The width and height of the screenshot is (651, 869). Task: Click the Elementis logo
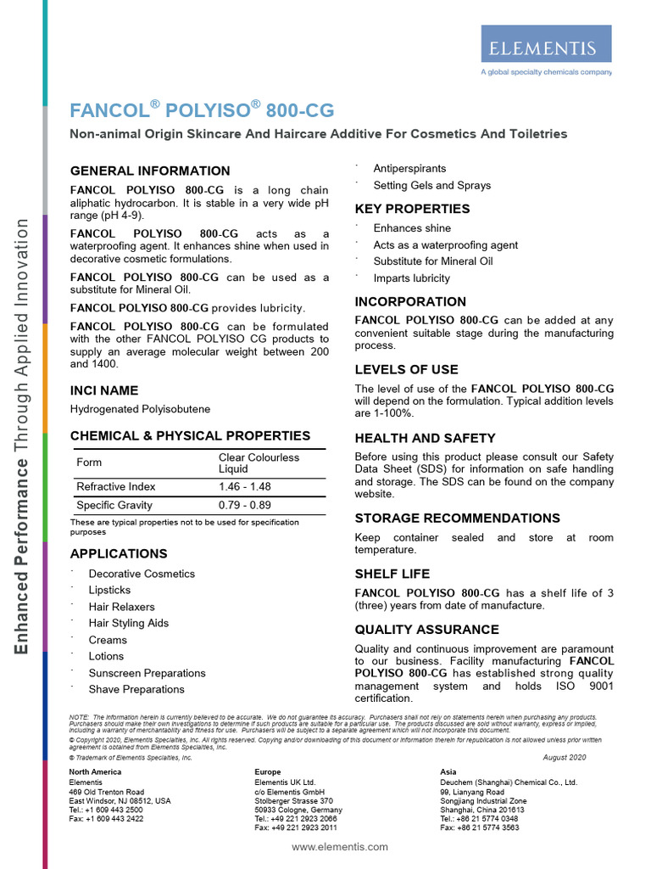(x=545, y=48)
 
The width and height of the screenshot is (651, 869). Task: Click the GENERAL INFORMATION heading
(x=150, y=171)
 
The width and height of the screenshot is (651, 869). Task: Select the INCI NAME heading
(x=104, y=390)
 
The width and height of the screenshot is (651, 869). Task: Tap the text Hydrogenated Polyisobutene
(x=140, y=409)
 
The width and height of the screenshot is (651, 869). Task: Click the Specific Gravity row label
(x=114, y=505)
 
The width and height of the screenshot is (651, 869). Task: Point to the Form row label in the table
(x=89, y=463)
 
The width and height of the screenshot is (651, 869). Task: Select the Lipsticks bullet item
(x=109, y=590)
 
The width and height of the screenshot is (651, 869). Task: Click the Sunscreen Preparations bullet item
(x=147, y=673)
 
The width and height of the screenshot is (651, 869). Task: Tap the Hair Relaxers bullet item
(x=121, y=607)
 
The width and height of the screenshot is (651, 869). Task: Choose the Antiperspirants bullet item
(x=409, y=169)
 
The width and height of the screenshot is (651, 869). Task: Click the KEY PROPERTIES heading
(x=412, y=209)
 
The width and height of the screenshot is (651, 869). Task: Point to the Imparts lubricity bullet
(x=412, y=278)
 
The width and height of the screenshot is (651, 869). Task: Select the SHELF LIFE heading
(x=392, y=574)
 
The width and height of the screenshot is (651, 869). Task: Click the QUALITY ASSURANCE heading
(x=426, y=630)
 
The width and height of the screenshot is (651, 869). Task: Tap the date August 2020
(x=564, y=757)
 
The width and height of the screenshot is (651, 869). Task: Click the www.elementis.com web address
(x=340, y=847)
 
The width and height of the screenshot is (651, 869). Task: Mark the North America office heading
(x=95, y=772)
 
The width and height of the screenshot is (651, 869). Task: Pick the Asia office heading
(x=448, y=772)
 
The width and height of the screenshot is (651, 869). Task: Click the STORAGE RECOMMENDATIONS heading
(x=457, y=518)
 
